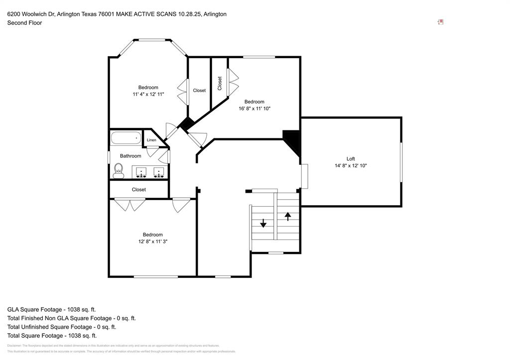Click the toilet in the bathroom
coord(119,170)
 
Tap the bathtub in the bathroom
coord(126,138)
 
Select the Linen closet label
coord(151,140)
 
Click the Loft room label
coord(351,159)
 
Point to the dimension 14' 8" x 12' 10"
coord(351,166)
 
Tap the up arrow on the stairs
coord(287,216)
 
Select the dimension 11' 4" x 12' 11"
coord(148,94)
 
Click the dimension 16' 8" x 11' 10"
coord(254,108)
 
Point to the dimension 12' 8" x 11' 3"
coord(152,241)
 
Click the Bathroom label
coord(130,156)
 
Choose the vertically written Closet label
coord(220,83)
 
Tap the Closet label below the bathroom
coord(139,189)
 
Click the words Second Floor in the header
coord(24,22)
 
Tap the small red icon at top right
coord(441,22)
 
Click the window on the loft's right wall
coord(401,162)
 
